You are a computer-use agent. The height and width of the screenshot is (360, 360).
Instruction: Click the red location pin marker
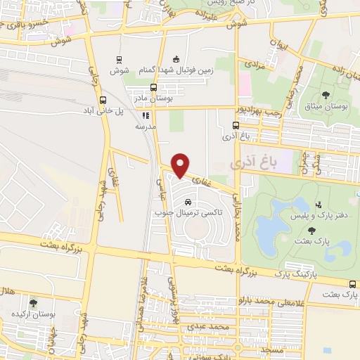(x=181, y=165)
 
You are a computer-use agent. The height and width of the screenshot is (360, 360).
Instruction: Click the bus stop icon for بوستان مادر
(x=154, y=89)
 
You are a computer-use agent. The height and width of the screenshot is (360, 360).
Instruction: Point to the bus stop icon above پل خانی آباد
(x=103, y=100)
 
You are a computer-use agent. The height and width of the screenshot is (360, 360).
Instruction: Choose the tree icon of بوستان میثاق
(x=326, y=94)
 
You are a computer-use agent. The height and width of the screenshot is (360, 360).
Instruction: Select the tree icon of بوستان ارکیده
(x=33, y=303)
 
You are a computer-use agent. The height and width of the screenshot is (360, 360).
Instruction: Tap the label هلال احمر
(x=6, y=290)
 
